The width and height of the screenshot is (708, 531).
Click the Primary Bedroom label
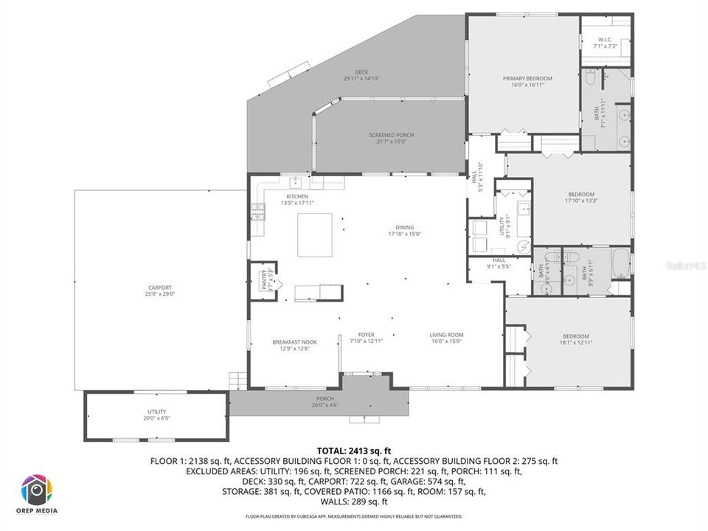527,81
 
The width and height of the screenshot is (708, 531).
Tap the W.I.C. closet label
605,43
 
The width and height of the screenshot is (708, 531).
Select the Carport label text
159,291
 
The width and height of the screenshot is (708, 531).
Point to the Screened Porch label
391,138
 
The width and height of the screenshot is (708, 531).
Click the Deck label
361,74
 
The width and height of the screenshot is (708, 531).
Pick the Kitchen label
297,199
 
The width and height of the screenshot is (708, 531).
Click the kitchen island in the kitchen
314,235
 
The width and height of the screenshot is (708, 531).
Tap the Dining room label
404,230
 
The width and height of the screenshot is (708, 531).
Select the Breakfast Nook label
294,344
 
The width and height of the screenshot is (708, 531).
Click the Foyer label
367,338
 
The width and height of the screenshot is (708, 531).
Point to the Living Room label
446,338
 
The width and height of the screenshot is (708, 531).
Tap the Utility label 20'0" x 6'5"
156,414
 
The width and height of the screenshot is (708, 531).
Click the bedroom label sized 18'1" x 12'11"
576,339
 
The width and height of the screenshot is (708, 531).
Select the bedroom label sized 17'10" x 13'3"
580,197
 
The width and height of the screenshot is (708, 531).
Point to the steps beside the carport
237,380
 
